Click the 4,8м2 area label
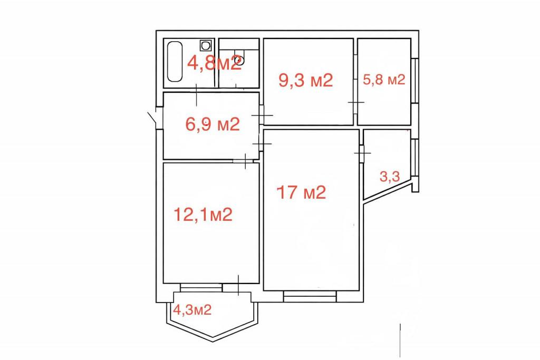coord(214,63)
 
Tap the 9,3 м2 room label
coord(306,81)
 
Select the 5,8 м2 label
coord(384,80)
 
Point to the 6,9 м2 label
coord(213,124)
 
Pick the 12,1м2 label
coord(203,215)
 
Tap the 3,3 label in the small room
coord(390,177)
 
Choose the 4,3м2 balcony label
coord(192,310)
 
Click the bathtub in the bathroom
coord(175,62)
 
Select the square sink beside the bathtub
coord(206,45)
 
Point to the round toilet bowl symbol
coord(240,61)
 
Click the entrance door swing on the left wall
coord(152,118)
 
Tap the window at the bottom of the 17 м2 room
coord(310,296)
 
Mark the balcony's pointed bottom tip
coord(213,341)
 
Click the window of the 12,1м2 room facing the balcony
coord(201,287)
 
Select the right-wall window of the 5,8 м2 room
coord(415,81)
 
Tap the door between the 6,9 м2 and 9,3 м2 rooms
coord(262,115)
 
